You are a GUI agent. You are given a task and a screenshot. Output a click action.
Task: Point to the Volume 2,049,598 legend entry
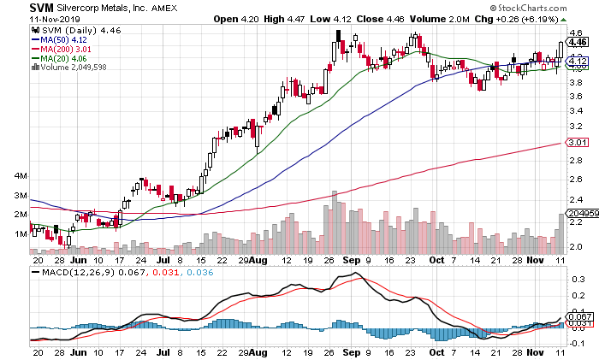68,68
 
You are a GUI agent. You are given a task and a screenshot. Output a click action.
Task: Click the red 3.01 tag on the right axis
576,143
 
